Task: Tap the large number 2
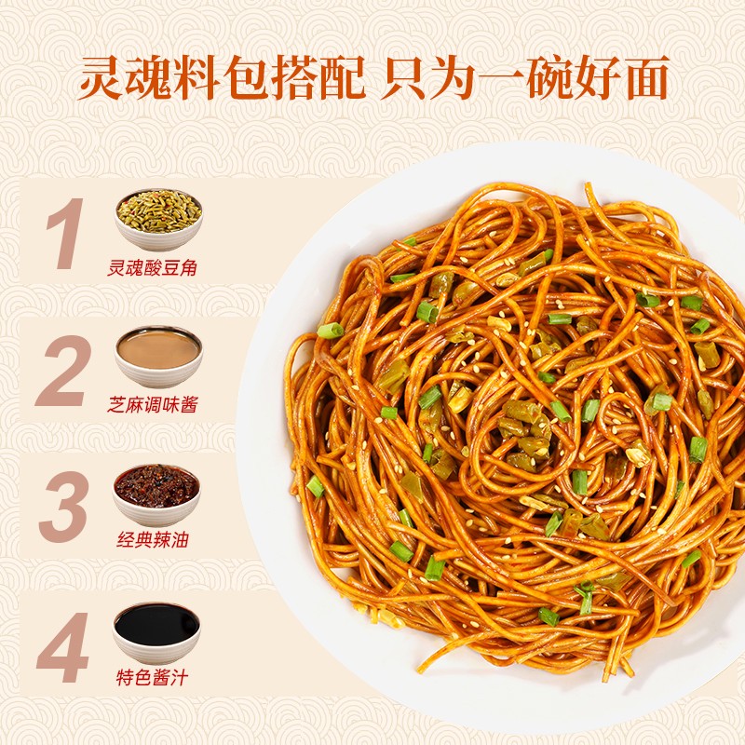pos(63,371)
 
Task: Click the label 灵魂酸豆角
pos(157,269)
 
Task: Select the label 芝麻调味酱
pos(157,406)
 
